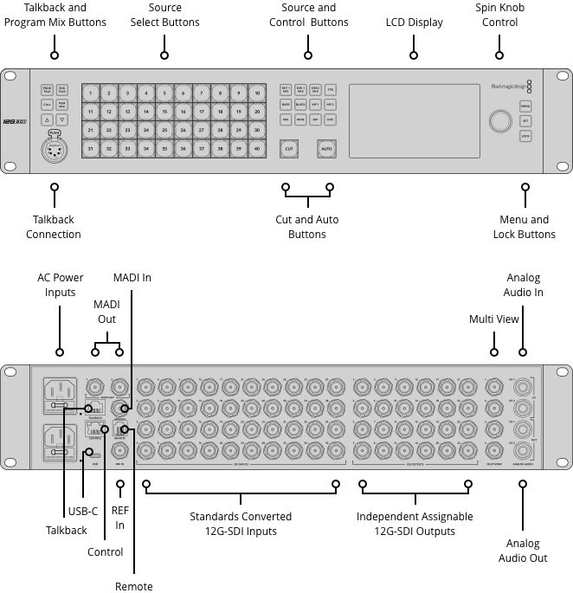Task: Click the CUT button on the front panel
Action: (x=290, y=149)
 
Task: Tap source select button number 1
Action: (x=91, y=93)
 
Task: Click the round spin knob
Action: (x=499, y=121)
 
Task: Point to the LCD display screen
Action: (x=414, y=120)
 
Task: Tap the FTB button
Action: (x=331, y=89)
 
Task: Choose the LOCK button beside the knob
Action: (x=525, y=136)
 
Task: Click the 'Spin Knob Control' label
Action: (x=500, y=15)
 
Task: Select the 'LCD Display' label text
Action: (x=414, y=22)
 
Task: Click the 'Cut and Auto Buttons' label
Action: (x=306, y=227)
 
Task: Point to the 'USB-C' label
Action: (x=83, y=512)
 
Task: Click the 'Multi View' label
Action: (x=494, y=319)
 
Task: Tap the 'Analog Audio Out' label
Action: (x=522, y=550)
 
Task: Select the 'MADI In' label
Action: (x=132, y=277)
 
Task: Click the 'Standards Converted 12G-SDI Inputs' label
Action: (x=241, y=523)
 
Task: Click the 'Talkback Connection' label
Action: (x=54, y=227)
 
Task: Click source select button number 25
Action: (x=164, y=130)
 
